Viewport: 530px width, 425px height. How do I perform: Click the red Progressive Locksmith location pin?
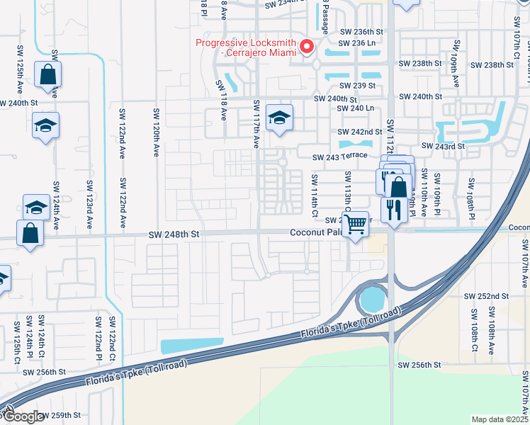pyautogui.click(x=307, y=47)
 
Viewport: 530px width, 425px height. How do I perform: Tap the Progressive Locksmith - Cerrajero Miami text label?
pyautogui.click(x=247, y=48)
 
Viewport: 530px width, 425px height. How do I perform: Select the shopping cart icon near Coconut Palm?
pyautogui.click(x=357, y=223)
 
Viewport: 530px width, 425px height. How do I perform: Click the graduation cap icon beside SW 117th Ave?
pyautogui.click(x=279, y=118)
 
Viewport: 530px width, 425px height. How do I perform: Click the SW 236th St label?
pyautogui.click(x=361, y=32)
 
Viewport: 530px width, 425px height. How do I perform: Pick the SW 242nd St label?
pyautogui.click(x=360, y=132)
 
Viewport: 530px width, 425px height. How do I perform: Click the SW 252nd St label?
pyautogui.click(x=486, y=296)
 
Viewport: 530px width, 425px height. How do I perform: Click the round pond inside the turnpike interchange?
pyautogui.click(x=371, y=301)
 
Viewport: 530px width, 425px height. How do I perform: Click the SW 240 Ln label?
pyautogui.click(x=356, y=108)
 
